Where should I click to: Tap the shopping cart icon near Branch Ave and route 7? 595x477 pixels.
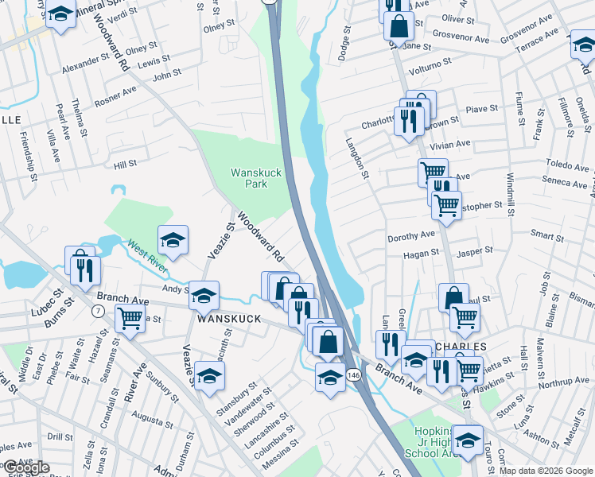130,317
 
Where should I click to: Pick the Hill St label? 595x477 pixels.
125,165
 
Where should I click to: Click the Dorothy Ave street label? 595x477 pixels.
411,235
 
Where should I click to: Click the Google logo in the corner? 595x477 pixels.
27,467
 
